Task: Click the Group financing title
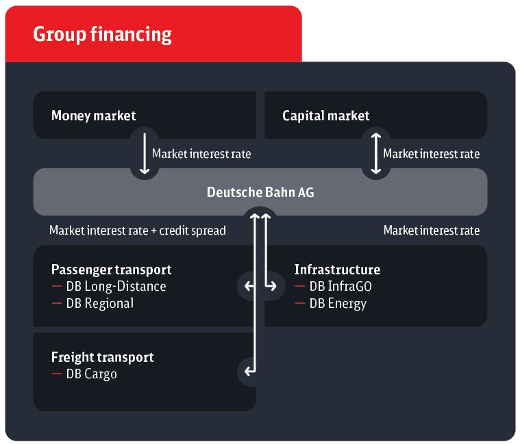pyautogui.click(x=102, y=35)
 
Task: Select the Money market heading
pyautogui.click(x=94, y=116)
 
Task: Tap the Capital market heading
pyautogui.click(x=325, y=116)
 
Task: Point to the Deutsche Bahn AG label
pyautogui.click(x=260, y=192)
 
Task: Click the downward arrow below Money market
pyautogui.click(x=145, y=153)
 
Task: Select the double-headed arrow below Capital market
pyautogui.click(x=375, y=153)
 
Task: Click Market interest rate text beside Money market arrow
pyautogui.click(x=201, y=154)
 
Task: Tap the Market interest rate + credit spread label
pyautogui.click(x=137, y=231)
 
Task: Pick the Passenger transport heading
pyautogui.click(x=112, y=270)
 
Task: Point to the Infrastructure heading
pyautogui.click(x=337, y=270)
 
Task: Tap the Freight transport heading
pyautogui.click(x=103, y=357)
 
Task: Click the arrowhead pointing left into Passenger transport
pyautogui.click(x=247, y=286)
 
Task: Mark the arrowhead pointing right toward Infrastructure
pyautogui.click(x=273, y=286)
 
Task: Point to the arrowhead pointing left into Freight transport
pyautogui.click(x=247, y=371)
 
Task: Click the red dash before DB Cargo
pyautogui.click(x=57, y=374)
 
